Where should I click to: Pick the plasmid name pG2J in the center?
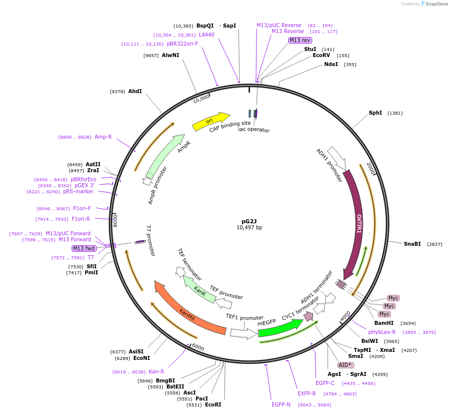(x=249, y=221)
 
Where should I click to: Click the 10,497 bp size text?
(x=249, y=227)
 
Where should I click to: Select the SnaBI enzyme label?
(x=412, y=244)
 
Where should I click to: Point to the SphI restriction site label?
(x=375, y=113)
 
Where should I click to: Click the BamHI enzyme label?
(x=384, y=323)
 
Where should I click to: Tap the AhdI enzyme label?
(x=135, y=91)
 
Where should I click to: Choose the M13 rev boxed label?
(x=300, y=40)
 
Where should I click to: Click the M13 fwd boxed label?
(x=84, y=248)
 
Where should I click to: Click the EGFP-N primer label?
(x=281, y=404)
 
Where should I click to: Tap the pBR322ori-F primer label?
(x=182, y=44)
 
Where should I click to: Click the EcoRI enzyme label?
(x=213, y=404)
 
